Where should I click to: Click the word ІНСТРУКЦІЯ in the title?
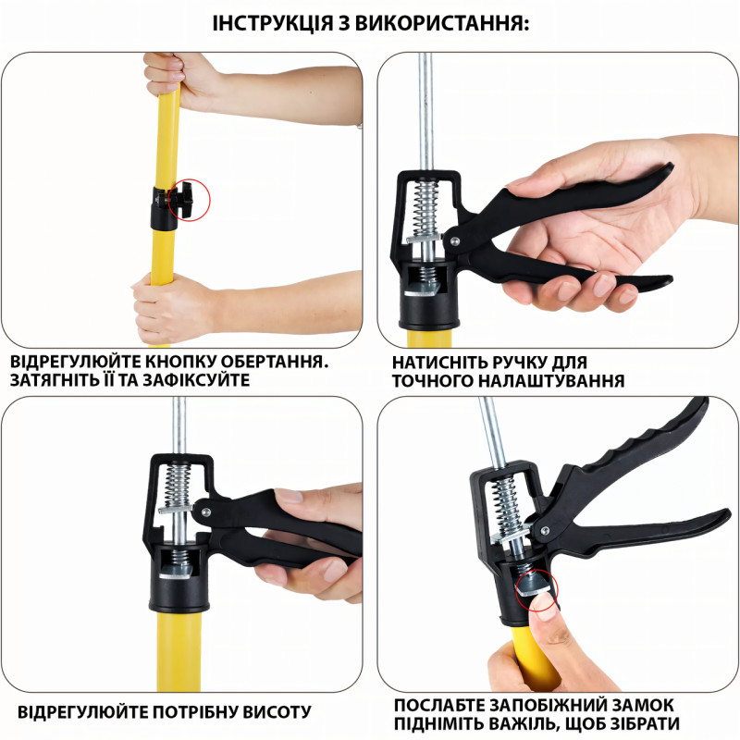point(273,23)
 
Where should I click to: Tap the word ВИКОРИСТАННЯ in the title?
point(442,23)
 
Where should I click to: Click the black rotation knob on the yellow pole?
point(180,200)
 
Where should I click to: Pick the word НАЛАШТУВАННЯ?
point(551,381)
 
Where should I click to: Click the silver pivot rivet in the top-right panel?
point(454,240)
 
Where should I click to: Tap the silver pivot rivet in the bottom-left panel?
point(205,512)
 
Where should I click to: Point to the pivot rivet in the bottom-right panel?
point(545,529)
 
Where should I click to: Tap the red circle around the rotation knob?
point(209,200)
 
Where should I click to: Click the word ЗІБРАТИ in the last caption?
point(642,723)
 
